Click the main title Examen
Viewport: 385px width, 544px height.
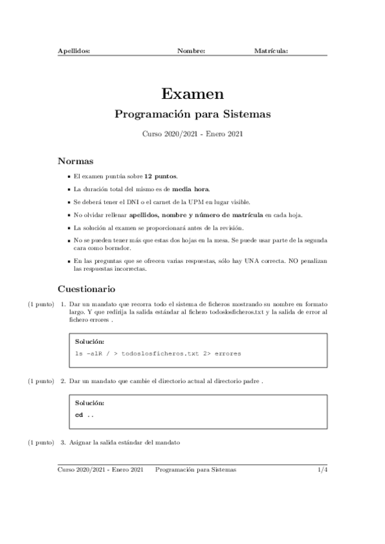192,94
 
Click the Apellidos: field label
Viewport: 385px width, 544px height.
74,50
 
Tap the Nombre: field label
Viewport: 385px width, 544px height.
191,50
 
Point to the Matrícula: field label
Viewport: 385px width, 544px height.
271,50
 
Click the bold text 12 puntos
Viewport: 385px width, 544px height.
161,176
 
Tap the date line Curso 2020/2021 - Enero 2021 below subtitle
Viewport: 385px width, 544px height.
192,134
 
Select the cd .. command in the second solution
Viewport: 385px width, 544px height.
84,415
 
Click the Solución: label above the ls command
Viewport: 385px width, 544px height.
89,341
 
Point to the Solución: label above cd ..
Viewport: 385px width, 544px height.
89,404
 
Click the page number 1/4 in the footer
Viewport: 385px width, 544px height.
323,470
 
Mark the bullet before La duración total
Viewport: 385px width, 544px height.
69,189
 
